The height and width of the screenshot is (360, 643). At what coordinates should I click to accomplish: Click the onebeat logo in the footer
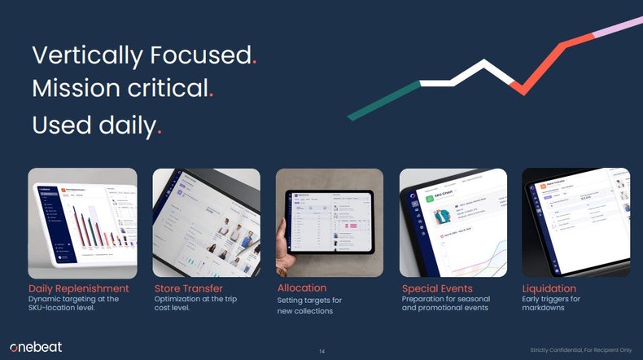(x=35, y=347)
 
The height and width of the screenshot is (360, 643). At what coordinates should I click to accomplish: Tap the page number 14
(x=321, y=351)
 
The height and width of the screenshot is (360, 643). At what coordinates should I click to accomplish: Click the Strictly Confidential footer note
(x=580, y=349)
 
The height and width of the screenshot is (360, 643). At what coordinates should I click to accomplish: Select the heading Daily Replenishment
(x=78, y=288)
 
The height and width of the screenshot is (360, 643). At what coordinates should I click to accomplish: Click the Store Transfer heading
(x=188, y=288)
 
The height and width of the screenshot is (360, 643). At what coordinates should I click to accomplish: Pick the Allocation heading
(x=301, y=288)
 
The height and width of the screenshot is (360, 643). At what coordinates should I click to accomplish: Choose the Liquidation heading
(x=549, y=288)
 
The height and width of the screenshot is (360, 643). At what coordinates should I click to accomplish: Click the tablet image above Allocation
(x=329, y=222)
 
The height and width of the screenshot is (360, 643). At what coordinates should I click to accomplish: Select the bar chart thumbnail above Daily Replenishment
(x=82, y=222)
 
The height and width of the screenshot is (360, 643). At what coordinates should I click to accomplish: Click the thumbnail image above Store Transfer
(x=206, y=222)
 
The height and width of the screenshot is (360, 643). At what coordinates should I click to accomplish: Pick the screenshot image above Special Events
(x=453, y=222)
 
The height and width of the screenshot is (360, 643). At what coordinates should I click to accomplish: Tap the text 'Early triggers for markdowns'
(x=551, y=303)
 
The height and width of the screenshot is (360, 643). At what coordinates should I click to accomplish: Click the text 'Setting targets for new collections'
(x=305, y=305)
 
